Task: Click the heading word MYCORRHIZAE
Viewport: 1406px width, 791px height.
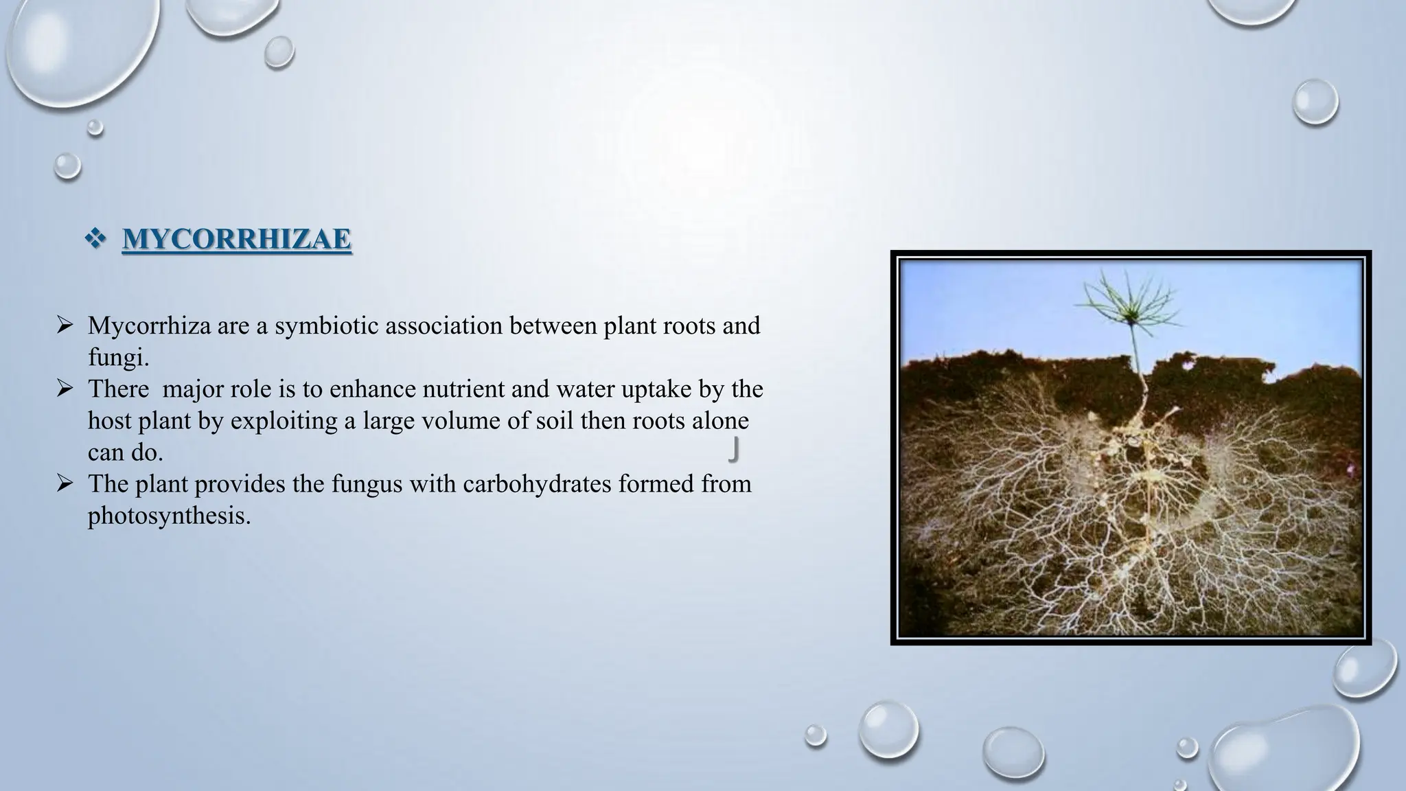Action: coord(237,239)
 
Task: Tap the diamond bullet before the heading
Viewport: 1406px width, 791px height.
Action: coord(95,239)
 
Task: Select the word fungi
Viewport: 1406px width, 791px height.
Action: coord(117,357)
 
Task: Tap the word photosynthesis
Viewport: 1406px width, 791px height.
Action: coord(169,516)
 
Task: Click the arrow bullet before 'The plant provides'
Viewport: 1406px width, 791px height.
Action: coord(65,484)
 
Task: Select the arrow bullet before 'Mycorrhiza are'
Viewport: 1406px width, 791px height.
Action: coord(65,325)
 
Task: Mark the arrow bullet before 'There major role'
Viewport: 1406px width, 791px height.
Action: coord(65,389)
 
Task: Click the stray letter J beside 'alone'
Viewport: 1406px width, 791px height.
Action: coord(734,450)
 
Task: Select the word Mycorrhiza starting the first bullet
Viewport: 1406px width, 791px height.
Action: coord(149,325)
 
